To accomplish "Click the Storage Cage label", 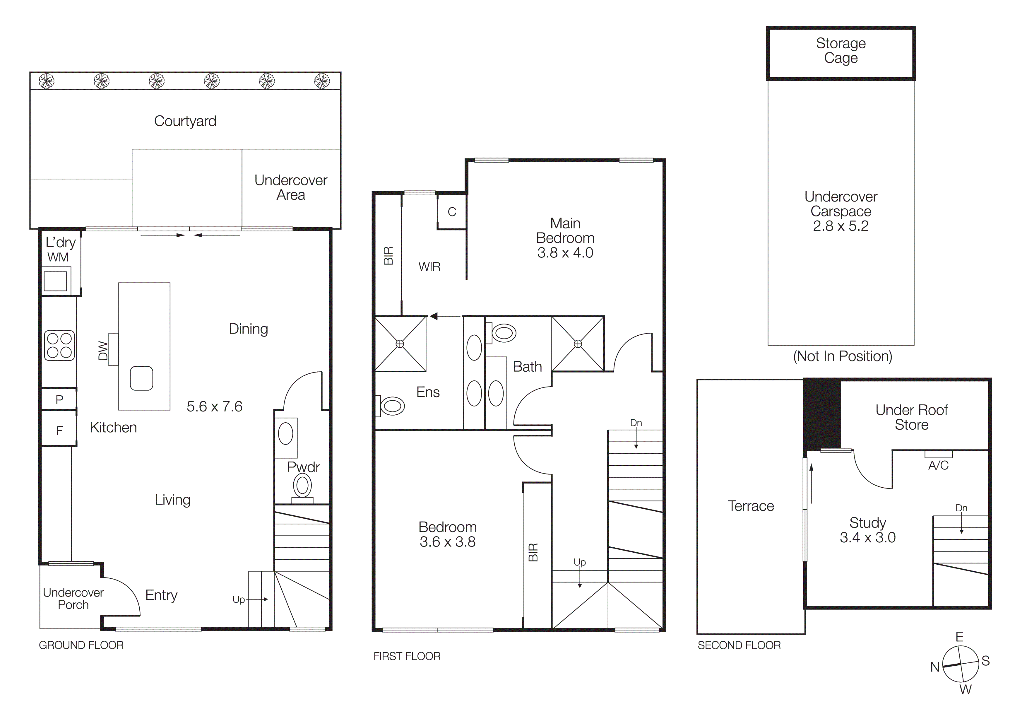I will (841, 51).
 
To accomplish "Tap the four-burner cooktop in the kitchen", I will (59, 346).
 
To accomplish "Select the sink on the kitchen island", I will (141, 378).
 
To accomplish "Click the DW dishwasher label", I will (103, 351).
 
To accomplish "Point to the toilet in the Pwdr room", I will (302, 486).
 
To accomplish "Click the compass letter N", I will (935, 667).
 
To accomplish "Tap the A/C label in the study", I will (938, 466).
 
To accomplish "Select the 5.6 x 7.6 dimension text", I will (214, 406).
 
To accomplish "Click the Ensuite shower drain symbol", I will (400, 344).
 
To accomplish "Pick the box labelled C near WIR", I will (452, 211).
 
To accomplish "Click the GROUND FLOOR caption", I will (81, 645).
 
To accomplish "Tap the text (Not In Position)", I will (842, 356).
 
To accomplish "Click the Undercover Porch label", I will (73, 599).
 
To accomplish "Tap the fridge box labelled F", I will (59, 430).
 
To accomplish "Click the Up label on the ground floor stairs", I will (238, 599).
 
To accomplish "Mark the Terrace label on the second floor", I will (751, 506).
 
